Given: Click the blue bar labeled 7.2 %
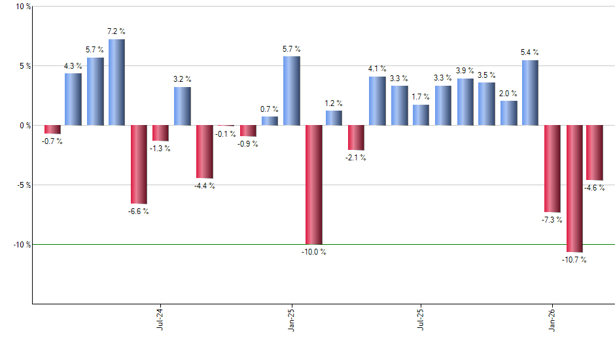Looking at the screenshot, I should click(116, 82).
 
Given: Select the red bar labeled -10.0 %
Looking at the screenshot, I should click(313, 185).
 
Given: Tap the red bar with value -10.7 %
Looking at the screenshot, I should click(574, 189).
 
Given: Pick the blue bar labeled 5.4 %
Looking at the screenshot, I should click(530, 93).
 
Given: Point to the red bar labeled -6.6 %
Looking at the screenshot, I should click(139, 164).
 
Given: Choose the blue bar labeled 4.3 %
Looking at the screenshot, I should click(73, 99).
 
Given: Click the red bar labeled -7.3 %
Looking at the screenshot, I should click(552, 168).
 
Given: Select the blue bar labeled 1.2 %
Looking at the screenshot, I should click(334, 118).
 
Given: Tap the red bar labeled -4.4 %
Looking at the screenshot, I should click(204, 151).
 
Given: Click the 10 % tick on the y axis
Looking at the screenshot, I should click(23, 7).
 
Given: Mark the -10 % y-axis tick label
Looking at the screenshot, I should click(22, 244).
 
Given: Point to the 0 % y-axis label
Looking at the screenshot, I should click(24, 125).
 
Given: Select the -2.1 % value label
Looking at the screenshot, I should click(356, 158).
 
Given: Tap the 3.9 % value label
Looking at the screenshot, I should click(465, 71).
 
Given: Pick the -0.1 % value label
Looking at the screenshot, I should click(226, 134).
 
